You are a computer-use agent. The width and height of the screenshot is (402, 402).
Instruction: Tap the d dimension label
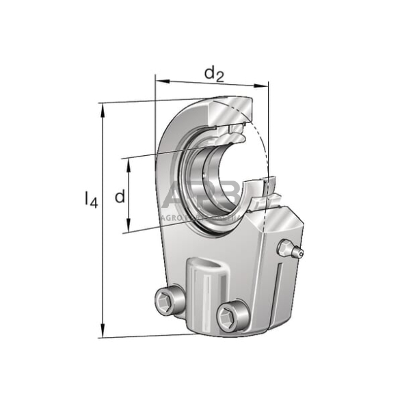click(x=120, y=197)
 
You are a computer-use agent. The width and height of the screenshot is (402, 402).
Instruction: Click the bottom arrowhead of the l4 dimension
click(x=103, y=331)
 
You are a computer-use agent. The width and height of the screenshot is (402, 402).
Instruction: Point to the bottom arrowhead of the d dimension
click(x=128, y=228)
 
